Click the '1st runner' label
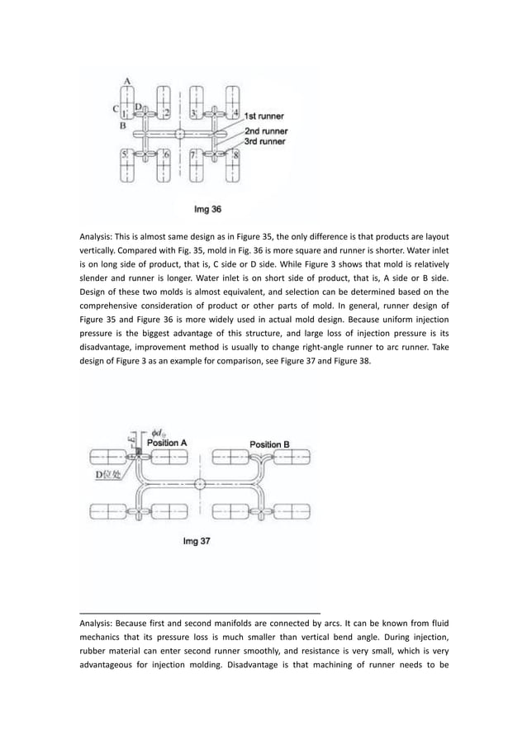point(264,117)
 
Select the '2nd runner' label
point(265,130)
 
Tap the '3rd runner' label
point(264,141)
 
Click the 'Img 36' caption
point(207,209)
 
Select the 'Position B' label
point(269,444)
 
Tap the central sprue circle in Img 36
point(180,133)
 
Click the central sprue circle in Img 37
point(200,483)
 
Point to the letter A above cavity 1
point(127,80)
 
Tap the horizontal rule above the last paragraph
point(199,612)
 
